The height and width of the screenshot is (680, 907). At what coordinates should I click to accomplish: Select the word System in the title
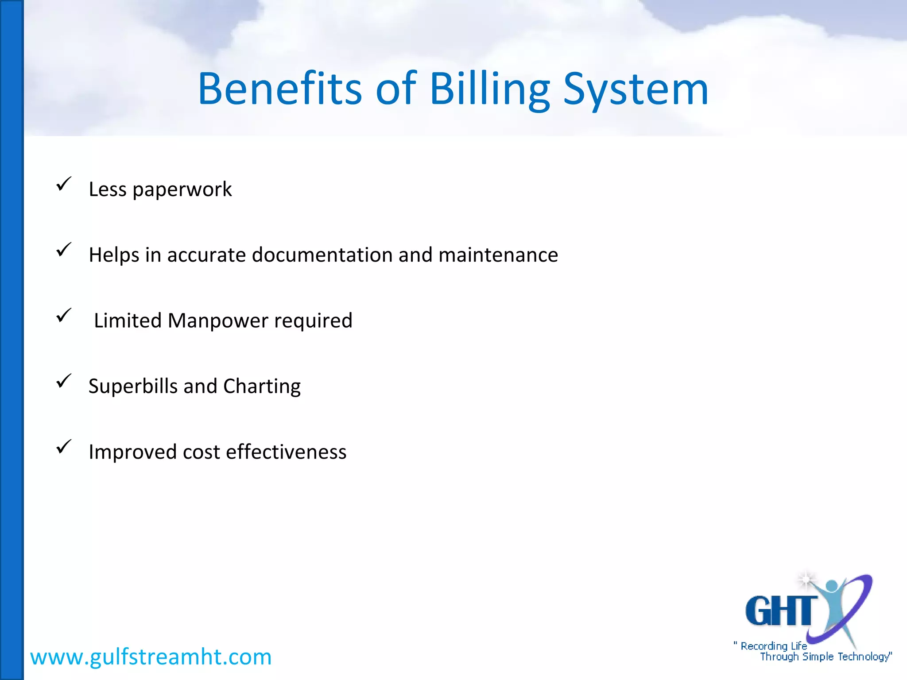click(636, 89)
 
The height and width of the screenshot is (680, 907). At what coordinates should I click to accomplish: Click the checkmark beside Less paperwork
click(64, 184)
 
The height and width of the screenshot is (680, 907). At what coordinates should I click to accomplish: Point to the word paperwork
click(182, 189)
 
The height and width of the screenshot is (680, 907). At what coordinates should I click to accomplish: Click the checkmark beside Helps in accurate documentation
click(64, 249)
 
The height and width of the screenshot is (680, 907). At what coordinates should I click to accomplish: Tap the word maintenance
click(498, 255)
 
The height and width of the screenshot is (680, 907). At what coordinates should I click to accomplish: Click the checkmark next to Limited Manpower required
click(64, 315)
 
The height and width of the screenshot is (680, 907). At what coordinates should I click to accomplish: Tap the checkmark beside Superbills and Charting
click(64, 381)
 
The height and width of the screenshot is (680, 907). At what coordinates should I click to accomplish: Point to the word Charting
click(262, 386)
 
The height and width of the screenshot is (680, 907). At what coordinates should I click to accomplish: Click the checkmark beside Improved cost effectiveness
click(64, 446)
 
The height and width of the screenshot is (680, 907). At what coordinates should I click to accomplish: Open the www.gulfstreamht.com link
click(151, 657)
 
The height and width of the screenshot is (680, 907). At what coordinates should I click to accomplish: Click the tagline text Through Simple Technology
click(826, 657)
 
